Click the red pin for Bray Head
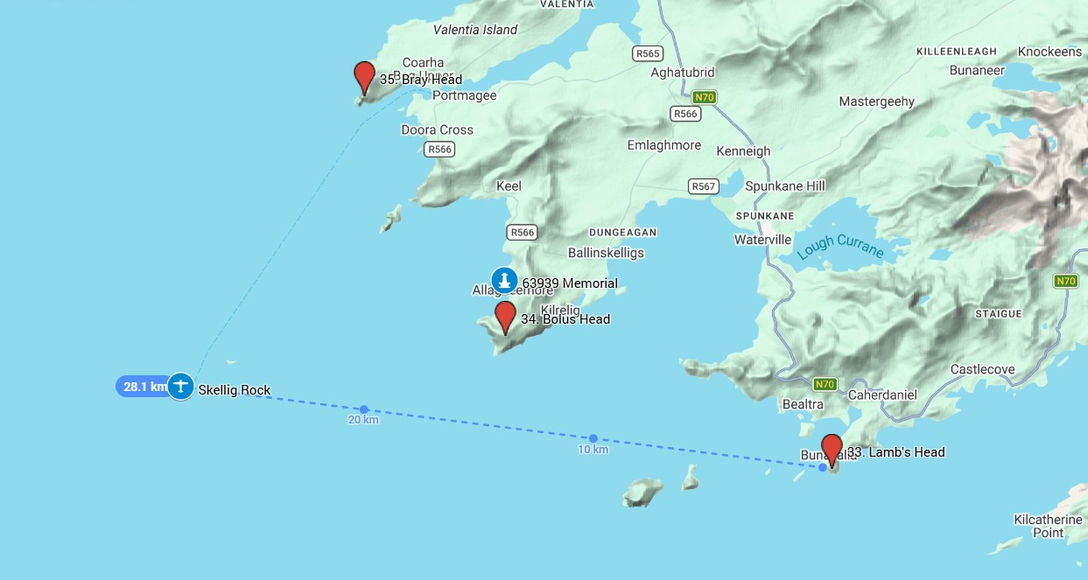point(364,76)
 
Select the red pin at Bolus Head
point(505,316)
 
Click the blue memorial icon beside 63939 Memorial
point(503,280)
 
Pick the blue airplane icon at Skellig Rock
point(180,386)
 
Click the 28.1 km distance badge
point(143,387)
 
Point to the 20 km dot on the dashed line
point(364,409)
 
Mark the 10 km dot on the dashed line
point(593,438)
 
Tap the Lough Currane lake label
point(840,248)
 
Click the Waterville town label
point(762,240)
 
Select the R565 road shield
point(647,54)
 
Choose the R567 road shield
point(703,186)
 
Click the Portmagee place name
point(464,96)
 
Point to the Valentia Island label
point(475,30)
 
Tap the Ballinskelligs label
point(606,253)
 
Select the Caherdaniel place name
point(882,395)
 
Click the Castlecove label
point(982,369)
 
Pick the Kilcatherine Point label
point(1048,526)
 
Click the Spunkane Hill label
point(784,186)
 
